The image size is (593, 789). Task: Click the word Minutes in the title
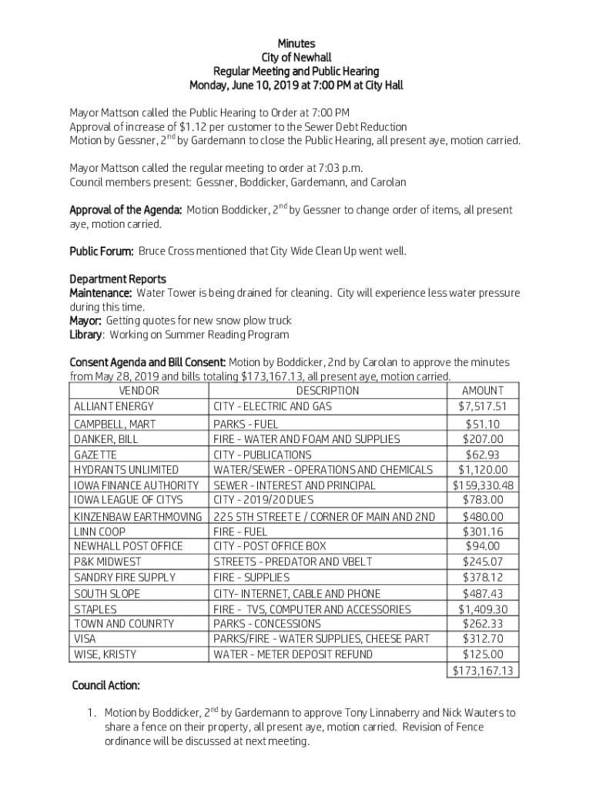pos(296,44)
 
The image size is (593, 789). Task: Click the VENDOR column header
pos(139,391)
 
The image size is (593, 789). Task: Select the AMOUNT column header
pos(484,391)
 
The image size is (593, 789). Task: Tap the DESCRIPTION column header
pos(328,391)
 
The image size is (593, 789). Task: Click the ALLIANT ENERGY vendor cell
pos(114,406)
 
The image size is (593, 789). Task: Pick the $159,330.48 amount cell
pos(484,485)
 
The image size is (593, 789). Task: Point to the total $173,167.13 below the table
pos(484,671)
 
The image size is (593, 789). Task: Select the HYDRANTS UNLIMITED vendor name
pos(126,470)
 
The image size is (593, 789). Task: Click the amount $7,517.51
pos(484,406)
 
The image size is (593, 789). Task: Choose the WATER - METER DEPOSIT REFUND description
pos(293,654)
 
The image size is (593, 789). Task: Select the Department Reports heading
pos(118,279)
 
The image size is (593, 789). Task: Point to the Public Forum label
pos(102,251)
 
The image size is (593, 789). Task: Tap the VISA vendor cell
pos(85,639)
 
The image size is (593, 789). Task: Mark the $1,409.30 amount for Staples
pos(484,609)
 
